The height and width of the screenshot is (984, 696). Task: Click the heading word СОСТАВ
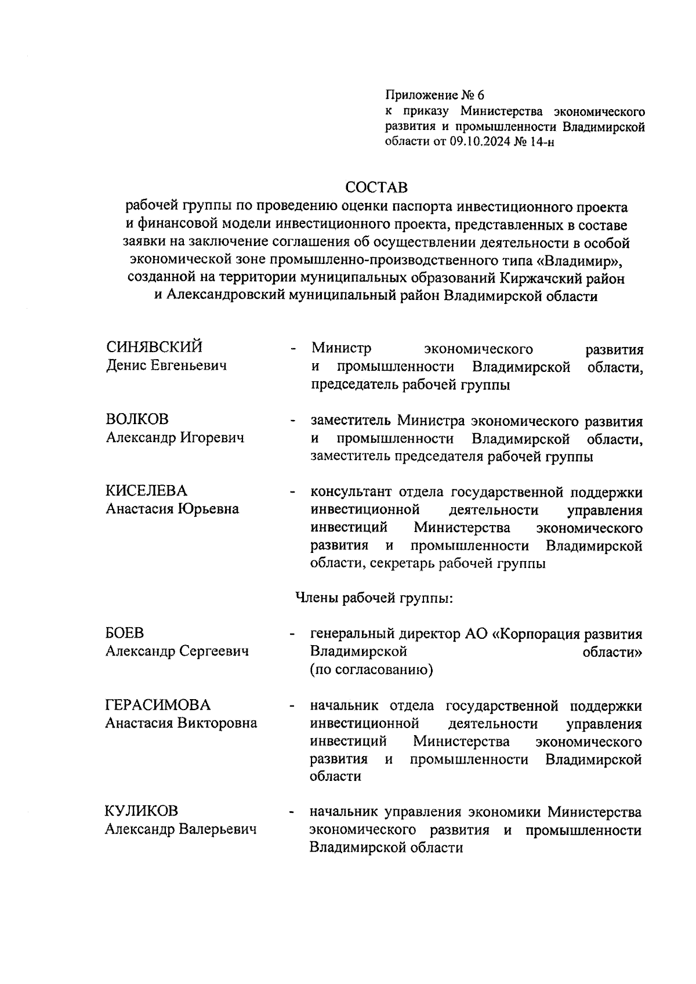[x=376, y=187]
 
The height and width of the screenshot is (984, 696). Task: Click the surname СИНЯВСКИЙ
[x=154, y=347]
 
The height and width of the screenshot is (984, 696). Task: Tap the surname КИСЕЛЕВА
[x=146, y=491]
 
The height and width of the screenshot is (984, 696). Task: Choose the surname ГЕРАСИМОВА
[x=158, y=705]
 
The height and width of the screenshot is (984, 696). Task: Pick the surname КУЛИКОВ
[x=142, y=811]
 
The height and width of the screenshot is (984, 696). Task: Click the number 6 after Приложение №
[x=480, y=95]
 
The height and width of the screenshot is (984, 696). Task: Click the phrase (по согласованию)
[x=372, y=670]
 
